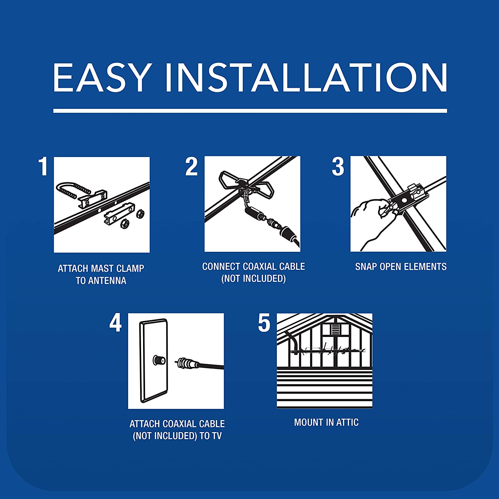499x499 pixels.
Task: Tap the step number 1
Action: point(43,166)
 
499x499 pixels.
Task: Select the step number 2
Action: point(192,166)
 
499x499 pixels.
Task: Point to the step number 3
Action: point(338,166)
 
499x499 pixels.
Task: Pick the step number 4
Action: point(116,323)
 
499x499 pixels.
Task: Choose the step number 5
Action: point(264,323)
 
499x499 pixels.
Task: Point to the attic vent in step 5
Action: point(335,330)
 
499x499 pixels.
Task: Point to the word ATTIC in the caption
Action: point(347,422)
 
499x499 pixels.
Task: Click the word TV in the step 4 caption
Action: point(216,436)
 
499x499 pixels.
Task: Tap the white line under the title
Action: point(250,111)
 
